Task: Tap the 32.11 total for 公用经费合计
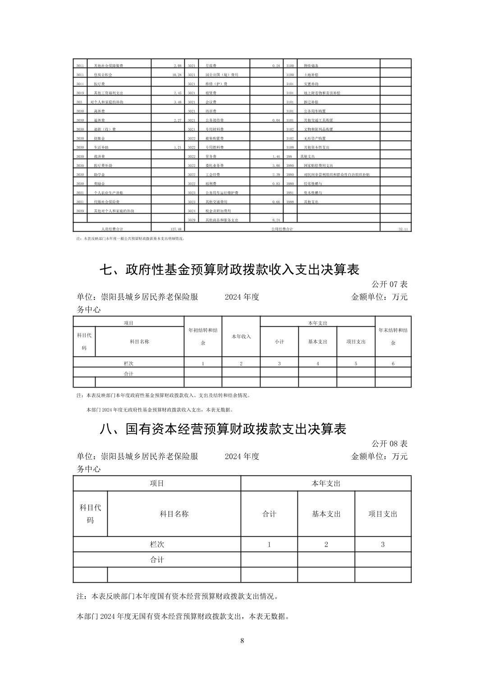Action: click(x=403, y=229)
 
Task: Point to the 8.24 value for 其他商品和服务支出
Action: click(x=276, y=220)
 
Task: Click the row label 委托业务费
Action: click(x=215, y=165)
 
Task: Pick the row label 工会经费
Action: click(x=211, y=174)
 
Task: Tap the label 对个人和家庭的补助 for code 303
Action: click(x=106, y=102)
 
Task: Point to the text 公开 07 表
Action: click(x=389, y=284)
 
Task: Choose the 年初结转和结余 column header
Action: click(x=203, y=336)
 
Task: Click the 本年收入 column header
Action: click(x=241, y=336)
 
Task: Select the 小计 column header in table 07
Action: click(x=279, y=342)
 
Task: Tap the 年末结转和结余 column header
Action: click(x=393, y=336)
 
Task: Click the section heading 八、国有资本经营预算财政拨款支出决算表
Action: click(x=223, y=429)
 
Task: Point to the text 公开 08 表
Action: click(x=389, y=444)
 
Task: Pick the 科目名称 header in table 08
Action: click(x=174, y=514)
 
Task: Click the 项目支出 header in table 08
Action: click(x=383, y=514)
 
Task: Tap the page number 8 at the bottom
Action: click(x=242, y=641)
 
